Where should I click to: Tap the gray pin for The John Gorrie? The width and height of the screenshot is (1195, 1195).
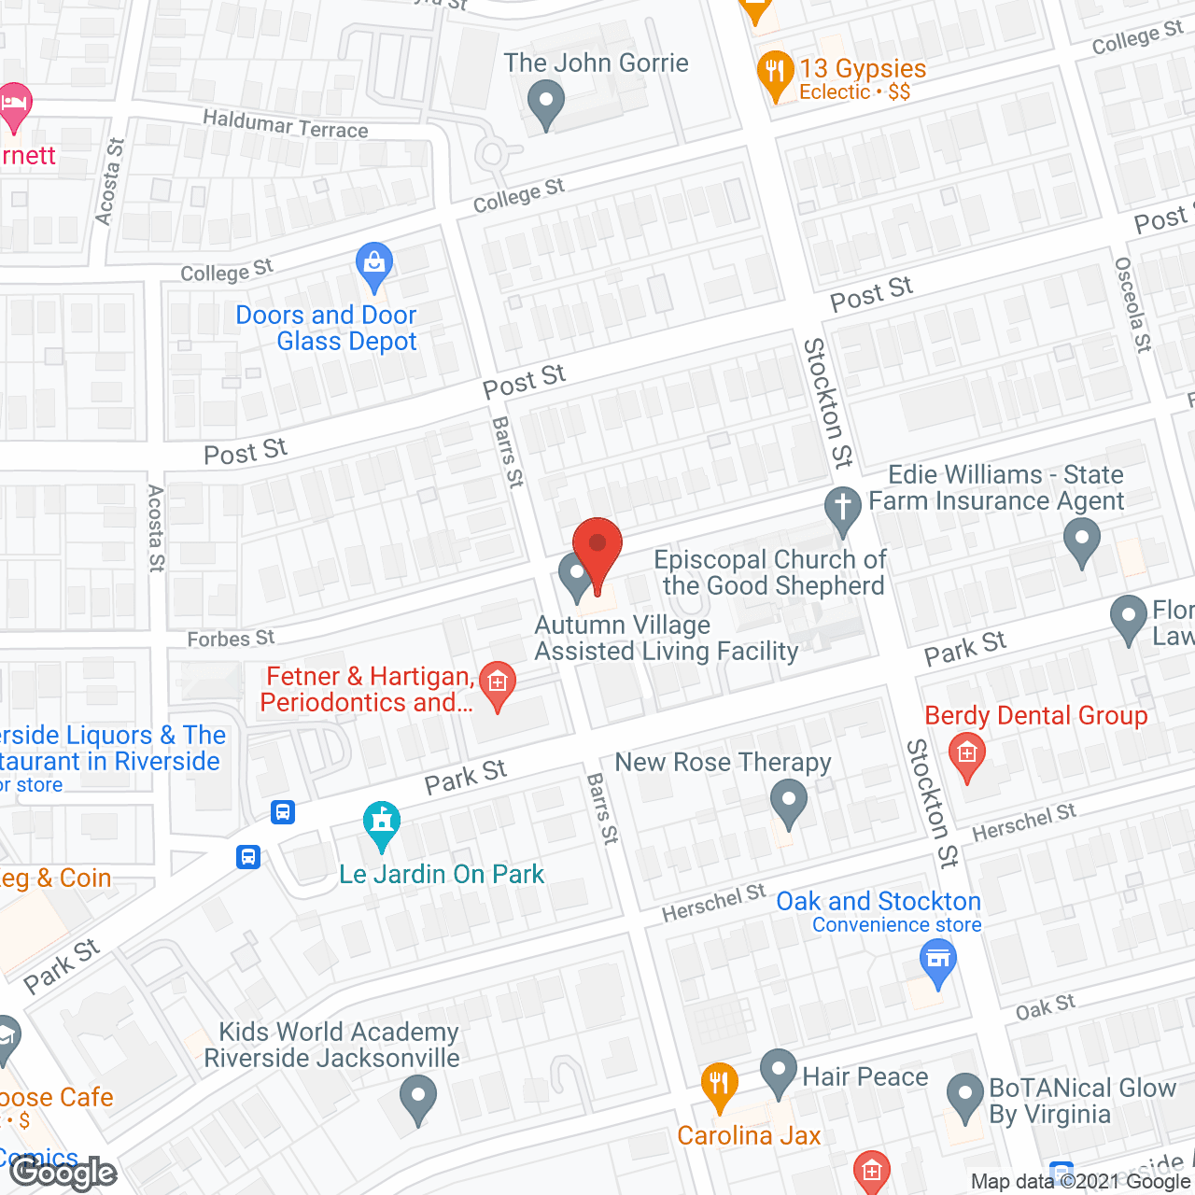coord(546,104)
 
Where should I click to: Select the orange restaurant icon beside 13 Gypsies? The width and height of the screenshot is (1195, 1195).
coord(775,74)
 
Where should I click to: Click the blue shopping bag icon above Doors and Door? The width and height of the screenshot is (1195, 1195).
coord(374,266)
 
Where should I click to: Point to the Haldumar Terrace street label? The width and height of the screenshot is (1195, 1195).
coord(286,123)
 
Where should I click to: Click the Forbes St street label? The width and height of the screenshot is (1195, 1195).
coord(231,639)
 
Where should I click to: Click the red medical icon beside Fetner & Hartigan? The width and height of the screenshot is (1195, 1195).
coord(497,683)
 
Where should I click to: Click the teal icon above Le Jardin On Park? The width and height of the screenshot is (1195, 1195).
coord(381,823)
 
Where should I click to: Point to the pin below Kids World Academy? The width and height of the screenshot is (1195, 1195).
coord(417,1097)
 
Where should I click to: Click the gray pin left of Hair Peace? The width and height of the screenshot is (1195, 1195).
coord(778,1072)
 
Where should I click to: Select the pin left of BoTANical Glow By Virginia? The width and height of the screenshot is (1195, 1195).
coord(964,1096)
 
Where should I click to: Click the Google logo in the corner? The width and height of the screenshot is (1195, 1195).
coord(63,1173)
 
